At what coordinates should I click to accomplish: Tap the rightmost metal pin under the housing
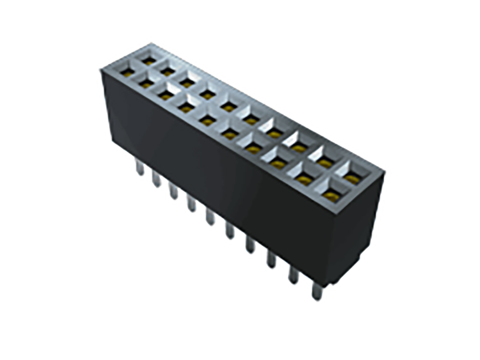pyautogui.click(x=316, y=290)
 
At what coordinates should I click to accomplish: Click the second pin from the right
pyautogui.click(x=293, y=274)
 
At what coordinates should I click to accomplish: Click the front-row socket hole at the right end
pyautogui.click(x=330, y=195)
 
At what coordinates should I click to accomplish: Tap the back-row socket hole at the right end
pyautogui.click(x=351, y=179)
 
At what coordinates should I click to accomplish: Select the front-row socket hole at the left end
pyautogui.click(x=127, y=72)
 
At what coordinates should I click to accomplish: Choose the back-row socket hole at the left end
pyautogui.click(x=149, y=61)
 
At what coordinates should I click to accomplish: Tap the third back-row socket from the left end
pyautogui.click(x=187, y=83)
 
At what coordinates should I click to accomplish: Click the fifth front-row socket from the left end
pyautogui.click(x=207, y=121)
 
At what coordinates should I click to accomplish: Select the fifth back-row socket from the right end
pyautogui.click(x=250, y=120)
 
